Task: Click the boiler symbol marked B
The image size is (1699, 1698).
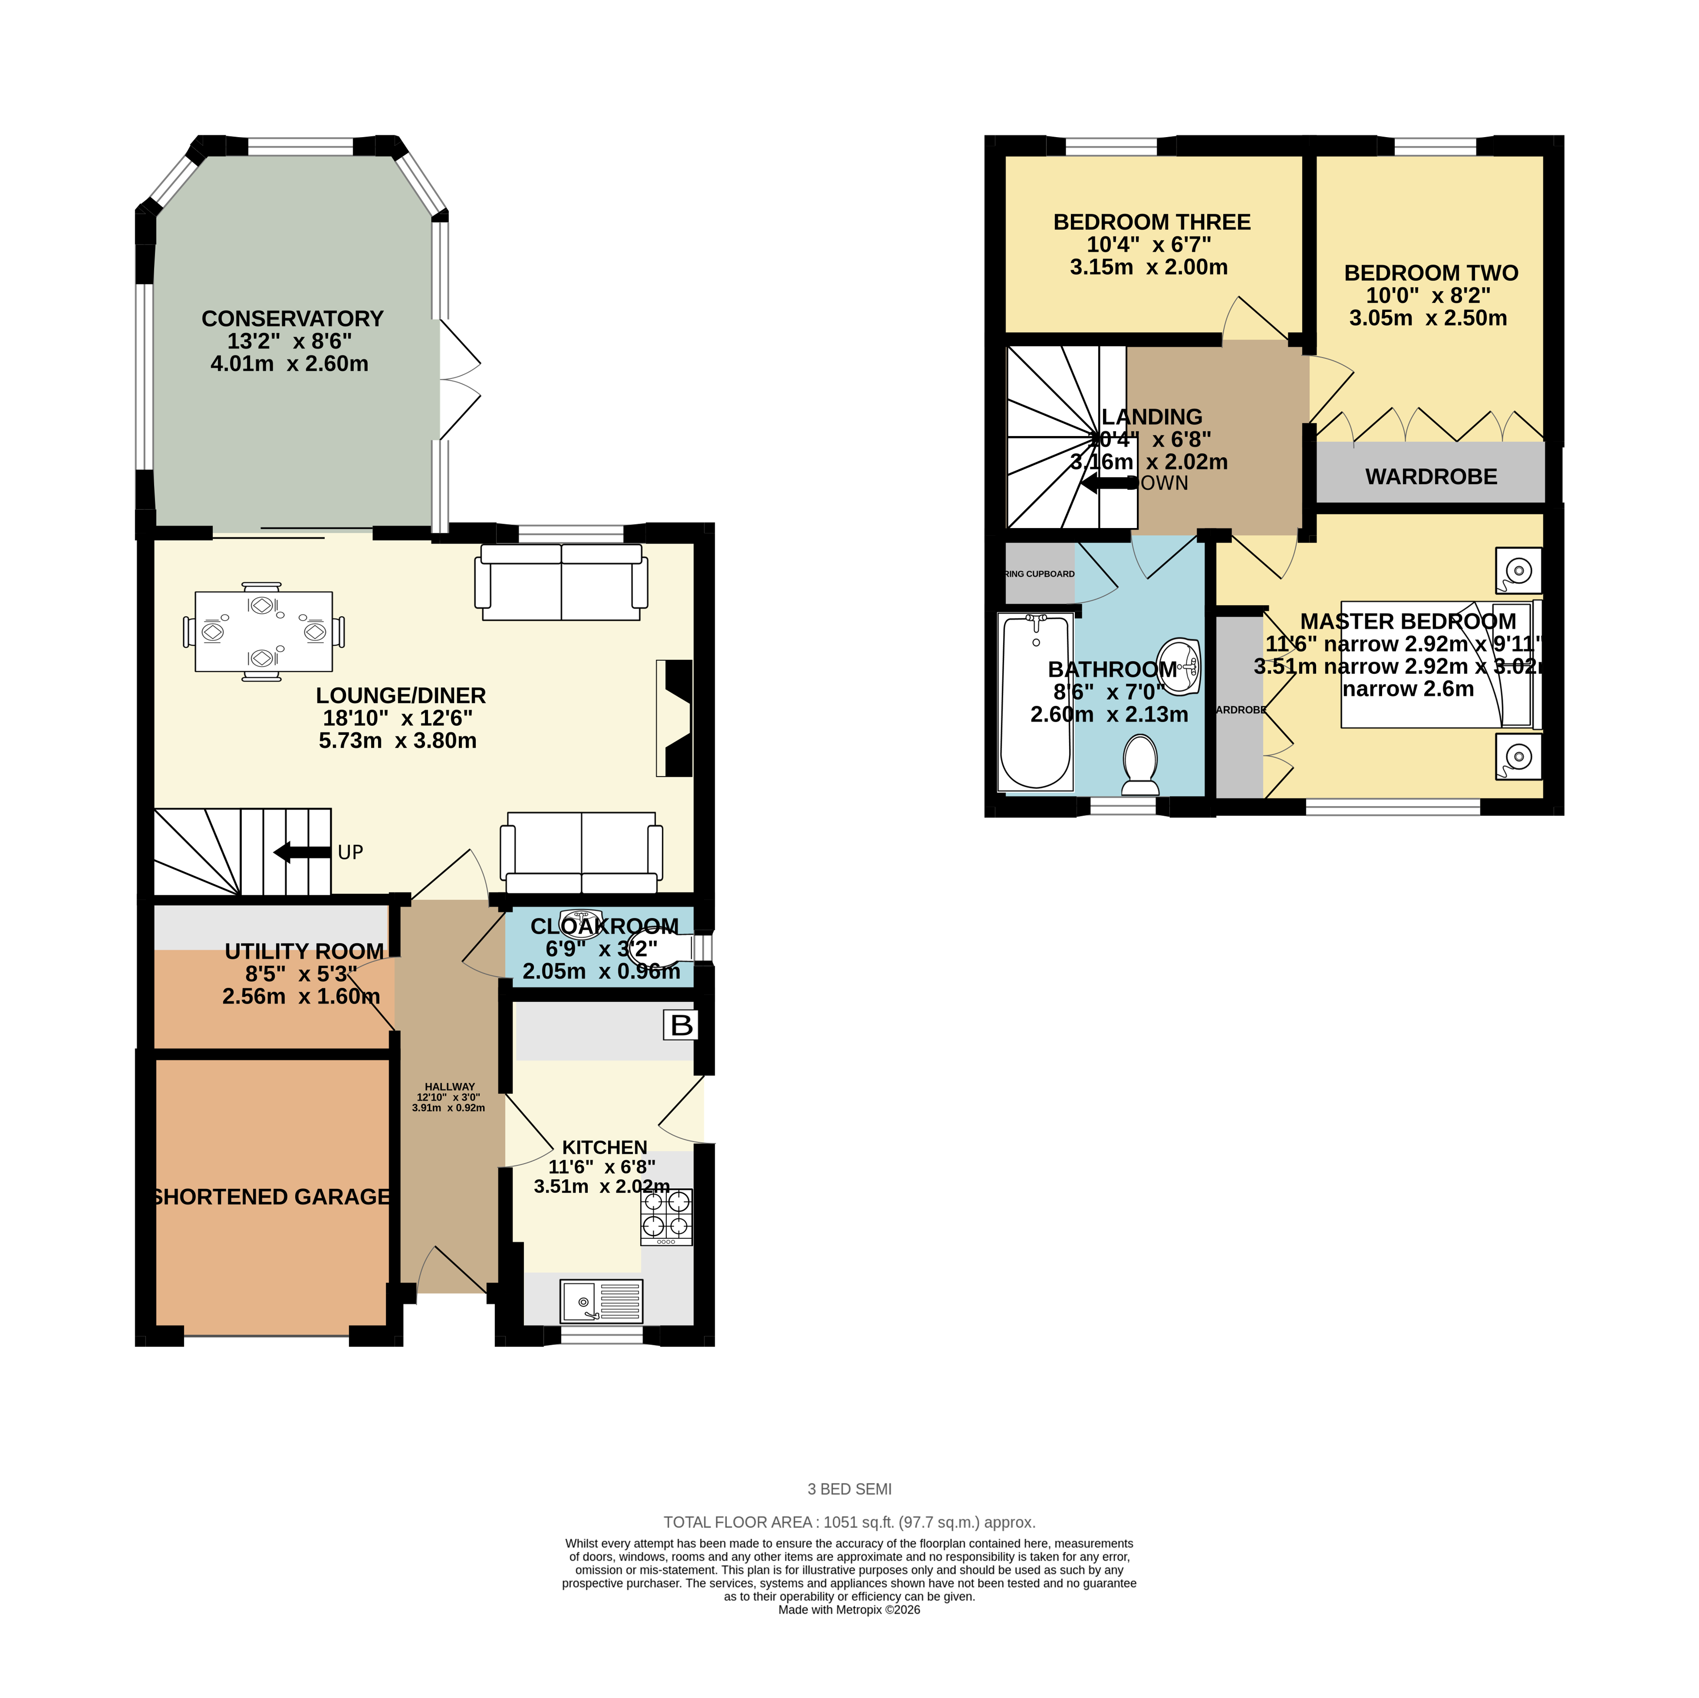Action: click(681, 1025)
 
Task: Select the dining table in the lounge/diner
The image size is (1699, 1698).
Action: click(263, 631)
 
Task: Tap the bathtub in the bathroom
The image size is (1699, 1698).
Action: click(1036, 701)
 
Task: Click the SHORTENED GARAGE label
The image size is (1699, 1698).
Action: click(271, 1197)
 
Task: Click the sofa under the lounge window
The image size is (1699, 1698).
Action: click(561, 581)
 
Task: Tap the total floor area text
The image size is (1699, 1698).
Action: click(849, 1522)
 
